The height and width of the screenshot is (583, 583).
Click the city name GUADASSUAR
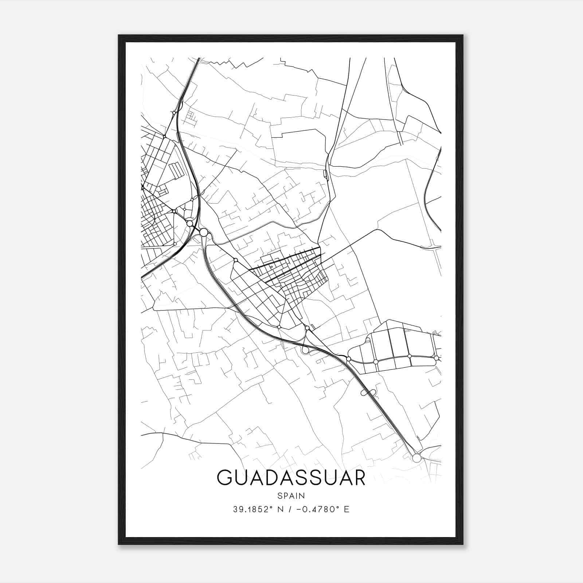291,478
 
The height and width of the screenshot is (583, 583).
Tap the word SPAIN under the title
291,496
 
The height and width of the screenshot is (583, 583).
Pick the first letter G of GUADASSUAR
224,478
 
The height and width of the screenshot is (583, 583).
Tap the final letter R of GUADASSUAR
359,478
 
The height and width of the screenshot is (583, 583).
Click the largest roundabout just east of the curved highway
204,232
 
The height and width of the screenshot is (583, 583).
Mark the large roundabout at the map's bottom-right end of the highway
416,458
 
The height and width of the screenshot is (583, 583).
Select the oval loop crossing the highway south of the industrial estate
368,392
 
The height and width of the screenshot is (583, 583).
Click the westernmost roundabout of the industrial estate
348,359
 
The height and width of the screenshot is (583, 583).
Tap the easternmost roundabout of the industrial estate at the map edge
436,358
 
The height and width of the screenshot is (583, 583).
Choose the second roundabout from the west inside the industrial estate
375,361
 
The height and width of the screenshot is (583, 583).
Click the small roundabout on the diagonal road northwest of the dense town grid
236,260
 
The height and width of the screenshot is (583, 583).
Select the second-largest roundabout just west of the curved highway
189,223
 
